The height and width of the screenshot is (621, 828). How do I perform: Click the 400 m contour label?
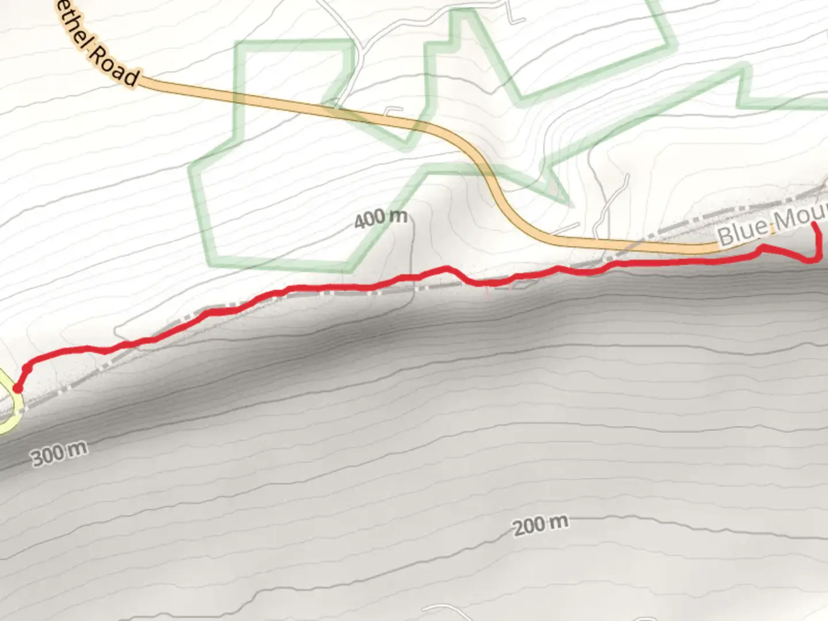381,218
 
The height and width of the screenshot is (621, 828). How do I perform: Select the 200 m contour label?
540,524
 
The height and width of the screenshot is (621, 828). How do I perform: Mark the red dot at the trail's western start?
17,389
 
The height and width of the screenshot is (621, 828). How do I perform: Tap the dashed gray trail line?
345,293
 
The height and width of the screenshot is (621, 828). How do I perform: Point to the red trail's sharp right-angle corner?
818,260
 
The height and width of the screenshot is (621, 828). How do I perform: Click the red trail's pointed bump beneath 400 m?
446,268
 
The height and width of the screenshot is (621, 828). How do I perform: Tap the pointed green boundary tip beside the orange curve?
569,202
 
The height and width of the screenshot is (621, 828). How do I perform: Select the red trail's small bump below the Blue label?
764,248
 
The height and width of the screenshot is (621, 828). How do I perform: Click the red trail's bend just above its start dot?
27,365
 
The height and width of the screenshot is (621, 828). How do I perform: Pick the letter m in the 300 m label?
78,448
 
